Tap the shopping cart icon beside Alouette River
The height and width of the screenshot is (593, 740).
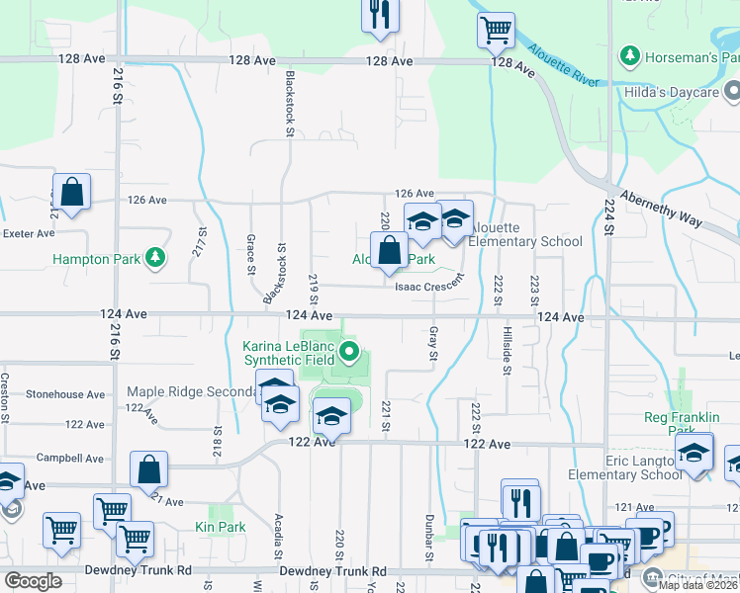[x=496, y=29]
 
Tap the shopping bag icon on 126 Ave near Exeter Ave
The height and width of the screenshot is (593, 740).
[x=71, y=193]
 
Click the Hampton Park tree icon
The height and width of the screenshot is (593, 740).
[x=154, y=259]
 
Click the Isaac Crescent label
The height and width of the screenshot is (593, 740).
[x=428, y=286]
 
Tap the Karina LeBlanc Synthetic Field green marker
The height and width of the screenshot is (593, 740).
[x=348, y=352]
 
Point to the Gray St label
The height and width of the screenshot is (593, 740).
[x=433, y=343]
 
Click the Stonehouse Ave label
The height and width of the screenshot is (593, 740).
[x=65, y=393]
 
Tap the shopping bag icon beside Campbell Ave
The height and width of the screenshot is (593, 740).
[x=148, y=469]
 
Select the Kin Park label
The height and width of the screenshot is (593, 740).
[x=220, y=527]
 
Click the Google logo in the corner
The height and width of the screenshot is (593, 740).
[x=33, y=580]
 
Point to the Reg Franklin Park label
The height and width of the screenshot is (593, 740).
[x=681, y=424]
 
